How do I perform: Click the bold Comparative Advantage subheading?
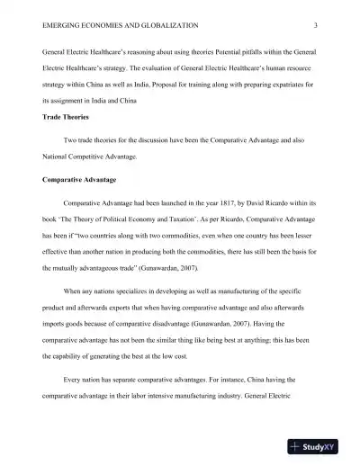(x=84, y=180)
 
